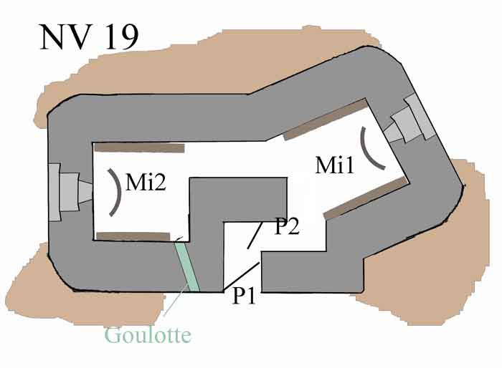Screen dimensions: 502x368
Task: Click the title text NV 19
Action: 89,37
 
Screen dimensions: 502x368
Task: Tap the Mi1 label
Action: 335,165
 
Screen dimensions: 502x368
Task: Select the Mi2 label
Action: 146,183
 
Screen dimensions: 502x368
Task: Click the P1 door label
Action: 245,296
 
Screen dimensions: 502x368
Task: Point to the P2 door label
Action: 287,226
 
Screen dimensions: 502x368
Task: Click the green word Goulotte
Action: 148,335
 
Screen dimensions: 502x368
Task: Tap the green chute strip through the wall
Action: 188,266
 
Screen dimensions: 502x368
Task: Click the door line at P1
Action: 241,276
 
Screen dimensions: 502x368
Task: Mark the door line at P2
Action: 255,236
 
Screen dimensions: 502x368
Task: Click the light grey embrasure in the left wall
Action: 70,192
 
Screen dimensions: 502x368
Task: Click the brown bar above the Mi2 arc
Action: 140,147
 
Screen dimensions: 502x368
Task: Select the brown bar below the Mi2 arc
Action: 133,236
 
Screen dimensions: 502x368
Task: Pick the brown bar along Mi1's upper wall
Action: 326,120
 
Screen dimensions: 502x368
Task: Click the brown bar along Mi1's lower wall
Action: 366,198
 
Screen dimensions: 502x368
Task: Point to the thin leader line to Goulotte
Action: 176,299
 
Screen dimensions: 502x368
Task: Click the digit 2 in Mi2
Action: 158,183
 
